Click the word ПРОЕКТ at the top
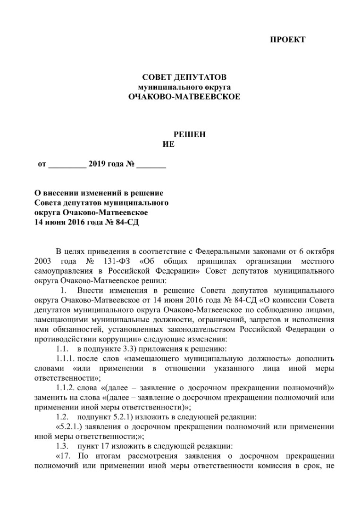click(x=287, y=40)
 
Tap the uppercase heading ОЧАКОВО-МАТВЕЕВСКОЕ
click(x=184, y=97)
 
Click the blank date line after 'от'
click(x=67, y=165)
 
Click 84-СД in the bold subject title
click(x=127, y=222)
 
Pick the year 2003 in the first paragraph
click(x=44, y=261)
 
